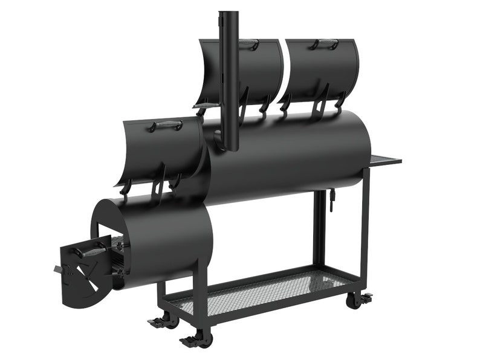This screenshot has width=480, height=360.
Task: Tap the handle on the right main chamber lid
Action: pos(325,43)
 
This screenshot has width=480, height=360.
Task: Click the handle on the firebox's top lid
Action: pos(167,126)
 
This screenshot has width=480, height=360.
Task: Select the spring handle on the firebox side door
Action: pos(91,251)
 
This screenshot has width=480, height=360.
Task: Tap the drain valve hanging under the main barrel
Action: pos(332,199)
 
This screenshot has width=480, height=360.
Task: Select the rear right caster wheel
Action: pos(354,300)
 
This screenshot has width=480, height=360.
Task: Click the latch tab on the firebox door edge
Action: pos(57,268)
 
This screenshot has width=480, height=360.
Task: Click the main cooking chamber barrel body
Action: pos(290,157)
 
